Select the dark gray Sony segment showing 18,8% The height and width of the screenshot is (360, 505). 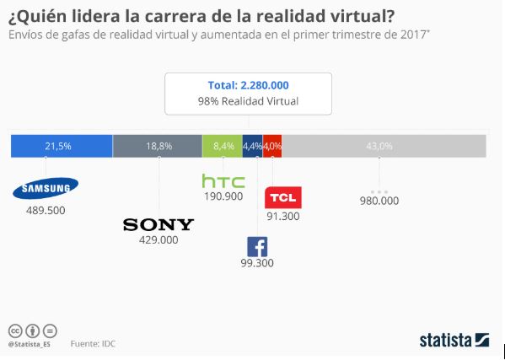coord(158,146)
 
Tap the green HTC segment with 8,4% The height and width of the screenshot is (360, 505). coord(223,146)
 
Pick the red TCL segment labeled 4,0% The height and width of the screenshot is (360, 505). coord(272,146)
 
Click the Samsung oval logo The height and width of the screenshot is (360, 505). coord(46,187)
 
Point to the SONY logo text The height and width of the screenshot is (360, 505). coord(158,224)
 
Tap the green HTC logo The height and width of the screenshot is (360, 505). coord(223,180)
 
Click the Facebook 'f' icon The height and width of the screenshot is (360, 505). coord(257,247)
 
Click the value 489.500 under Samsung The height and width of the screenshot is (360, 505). coord(46,209)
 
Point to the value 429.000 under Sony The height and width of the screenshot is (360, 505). coord(158,240)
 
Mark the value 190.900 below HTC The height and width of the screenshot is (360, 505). coord(223,196)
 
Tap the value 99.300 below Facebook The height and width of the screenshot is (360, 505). coord(257,265)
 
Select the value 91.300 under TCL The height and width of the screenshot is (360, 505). coord(282,216)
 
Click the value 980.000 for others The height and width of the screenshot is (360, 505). coord(379,201)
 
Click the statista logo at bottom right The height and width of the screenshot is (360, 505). coord(454,340)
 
